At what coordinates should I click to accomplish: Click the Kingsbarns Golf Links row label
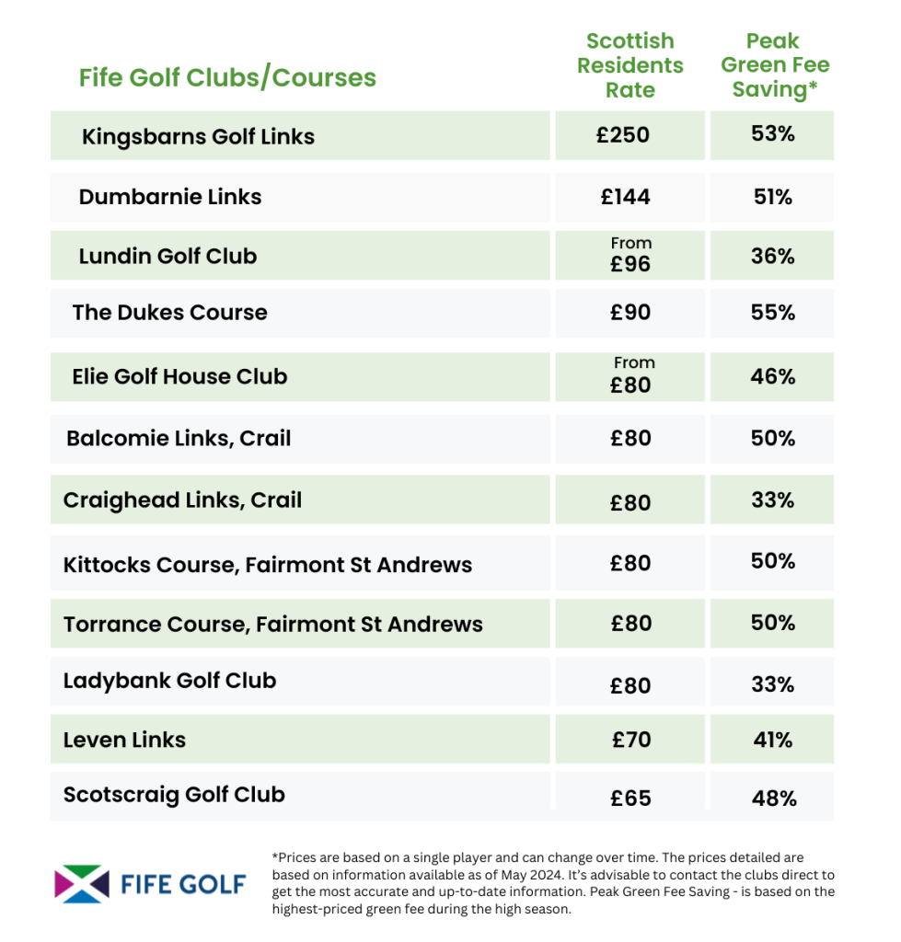(x=198, y=137)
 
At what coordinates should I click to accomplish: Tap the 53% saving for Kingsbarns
(x=772, y=133)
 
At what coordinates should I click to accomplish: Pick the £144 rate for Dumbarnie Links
(x=630, y=197)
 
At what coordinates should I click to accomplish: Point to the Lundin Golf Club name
(x=167, y=256)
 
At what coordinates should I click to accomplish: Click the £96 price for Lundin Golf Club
(x=630, y=264)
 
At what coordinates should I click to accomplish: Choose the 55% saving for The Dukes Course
(x=772, y=313)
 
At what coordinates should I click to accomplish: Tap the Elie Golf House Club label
(x=179, y=376)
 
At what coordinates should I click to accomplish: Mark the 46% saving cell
(x=772, y=376)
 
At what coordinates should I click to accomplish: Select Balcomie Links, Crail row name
(x=179, y=438)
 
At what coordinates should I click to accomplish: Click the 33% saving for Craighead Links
(x=772, y=500)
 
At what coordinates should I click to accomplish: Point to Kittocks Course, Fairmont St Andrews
(x=268, y=564)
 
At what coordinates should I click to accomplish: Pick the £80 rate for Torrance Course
(x=630, y=624)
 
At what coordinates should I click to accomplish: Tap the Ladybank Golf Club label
(x=169, y=681)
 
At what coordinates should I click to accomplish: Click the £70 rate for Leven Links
(x=631, y=740)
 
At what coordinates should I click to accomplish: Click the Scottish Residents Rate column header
(x=630, y=65)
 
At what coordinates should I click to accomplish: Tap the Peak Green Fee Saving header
(x=774, y=65)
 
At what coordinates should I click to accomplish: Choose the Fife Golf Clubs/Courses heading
(x=227, y=77)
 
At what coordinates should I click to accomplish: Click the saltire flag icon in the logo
(x=81, y=884)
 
